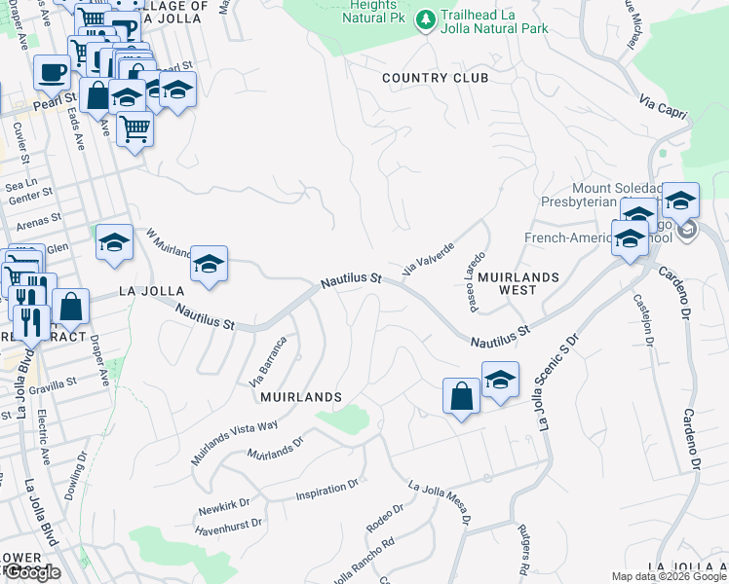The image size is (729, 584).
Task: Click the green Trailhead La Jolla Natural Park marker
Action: pos(425,19)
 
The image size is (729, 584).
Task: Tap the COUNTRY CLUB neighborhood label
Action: pos(435,78)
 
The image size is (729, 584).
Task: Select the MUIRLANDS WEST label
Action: pos(518,283)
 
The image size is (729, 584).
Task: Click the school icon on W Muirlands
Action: pos(209,264)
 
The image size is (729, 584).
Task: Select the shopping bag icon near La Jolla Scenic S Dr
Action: pos(462,396)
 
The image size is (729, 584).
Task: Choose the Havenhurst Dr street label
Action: pos(229,527)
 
